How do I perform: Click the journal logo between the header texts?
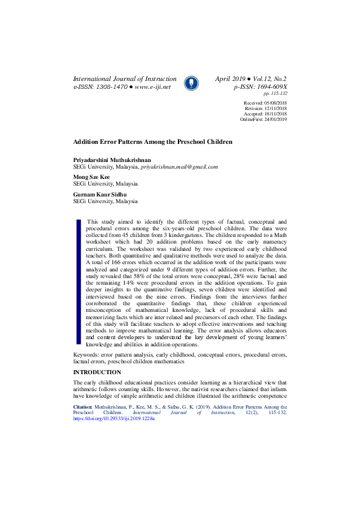(x=191, y=83)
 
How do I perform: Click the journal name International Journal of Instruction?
(x=125, y=79)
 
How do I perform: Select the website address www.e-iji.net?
(x=153, y=87)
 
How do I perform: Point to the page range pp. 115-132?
(x=275, y=94)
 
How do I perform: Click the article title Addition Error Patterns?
(x=152, y=141)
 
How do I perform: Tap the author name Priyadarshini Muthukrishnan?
(x=113, y=160)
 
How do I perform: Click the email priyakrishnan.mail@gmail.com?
(x=179, y=166)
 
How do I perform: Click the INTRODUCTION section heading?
(x=97, y=372)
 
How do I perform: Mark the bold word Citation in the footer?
(x=84, y=407)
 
